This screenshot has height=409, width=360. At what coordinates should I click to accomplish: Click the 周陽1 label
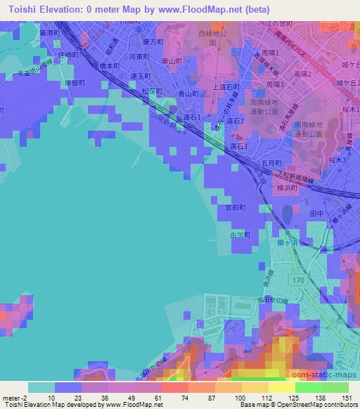pos(270,53)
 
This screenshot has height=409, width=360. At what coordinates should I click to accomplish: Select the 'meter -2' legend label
pos(13,398)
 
